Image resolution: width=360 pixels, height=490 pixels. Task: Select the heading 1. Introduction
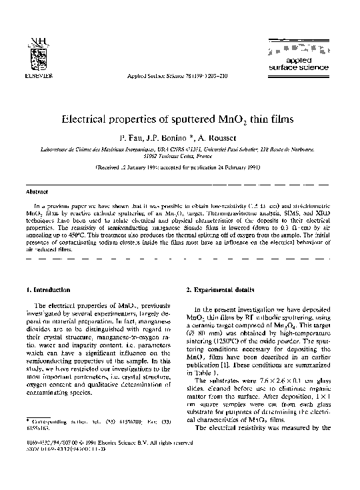tap(52, 290)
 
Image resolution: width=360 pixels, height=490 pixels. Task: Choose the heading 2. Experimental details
tap(219, 290)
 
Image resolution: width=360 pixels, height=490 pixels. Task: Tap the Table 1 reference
tap(197, 375)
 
